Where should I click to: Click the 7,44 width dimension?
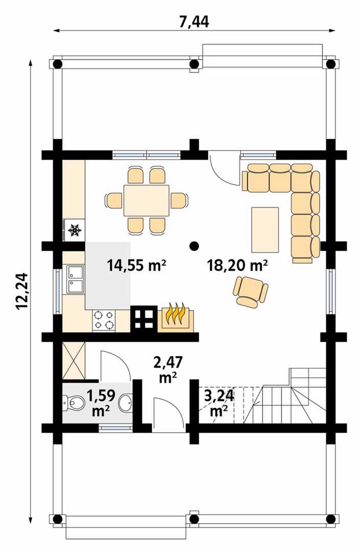pyautogui.click(x=194, y=22)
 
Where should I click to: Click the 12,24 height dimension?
pyautogui.click(x=22, y=291)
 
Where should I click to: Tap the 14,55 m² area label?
pyautogui.click(x=137, y=265)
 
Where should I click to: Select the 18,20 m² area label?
pyautogui.click(x=237, y=265)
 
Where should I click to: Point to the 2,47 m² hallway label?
pyautogui.click(x=168, y=370)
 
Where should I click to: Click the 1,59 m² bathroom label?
pyautogui.click(x=101, y=403)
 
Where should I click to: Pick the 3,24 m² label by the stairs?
pyautogui.click(x=219, y=403)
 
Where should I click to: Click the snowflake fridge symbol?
pyautogui.click(x=75, y=230)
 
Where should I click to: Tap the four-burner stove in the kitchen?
pyautogui.click(x=104, y=320)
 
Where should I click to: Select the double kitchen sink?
pyautogui.click(x=75, y=280)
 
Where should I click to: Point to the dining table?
pyautogui.click(x=146, y=200)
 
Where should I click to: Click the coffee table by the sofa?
pyautogui.click(x=265, y=229)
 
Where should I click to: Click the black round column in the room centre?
pyautogui.click(x=193, y=246)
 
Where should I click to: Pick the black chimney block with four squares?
pyautogui.click(x=144, y=318)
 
